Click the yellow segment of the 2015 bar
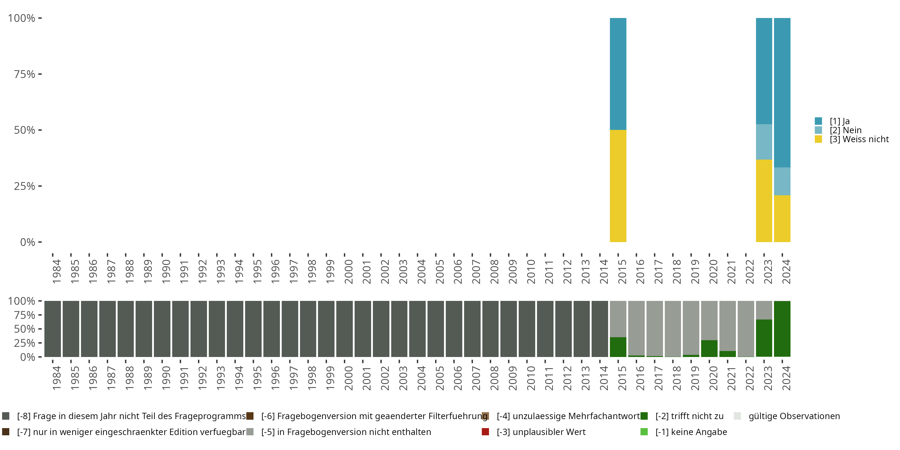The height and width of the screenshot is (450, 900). click(618, 186)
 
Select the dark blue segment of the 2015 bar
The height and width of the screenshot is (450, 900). click(618, 74)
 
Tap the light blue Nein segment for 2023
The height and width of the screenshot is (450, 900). click(764, 142)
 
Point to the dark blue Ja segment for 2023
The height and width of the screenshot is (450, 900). click(764, 71)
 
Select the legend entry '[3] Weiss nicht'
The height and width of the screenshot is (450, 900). click(859, 139)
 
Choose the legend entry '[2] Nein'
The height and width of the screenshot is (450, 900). click(845, 130)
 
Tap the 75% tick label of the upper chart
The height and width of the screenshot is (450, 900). click(25, 74)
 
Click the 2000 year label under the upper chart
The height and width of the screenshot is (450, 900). click(348, 271)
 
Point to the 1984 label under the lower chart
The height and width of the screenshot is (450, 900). click(57, 378)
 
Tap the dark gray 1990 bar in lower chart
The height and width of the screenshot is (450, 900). click(162, 328)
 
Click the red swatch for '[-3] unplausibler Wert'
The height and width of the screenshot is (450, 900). click(485, 432)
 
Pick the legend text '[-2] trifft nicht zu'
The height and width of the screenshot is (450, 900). click(689, 416)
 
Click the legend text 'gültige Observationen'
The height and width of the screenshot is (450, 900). click(794, 416)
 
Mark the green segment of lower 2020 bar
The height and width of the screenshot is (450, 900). click(709, 348)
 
